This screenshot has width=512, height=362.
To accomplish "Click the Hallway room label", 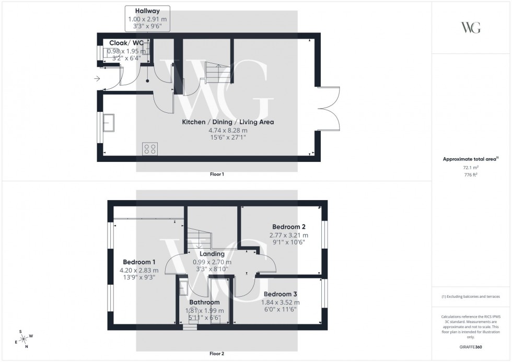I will tap(147, 10).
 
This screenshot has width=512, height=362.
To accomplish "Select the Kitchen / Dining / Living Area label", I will tap(228, 122).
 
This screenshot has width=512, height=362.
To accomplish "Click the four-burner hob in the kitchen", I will tap(150, 149).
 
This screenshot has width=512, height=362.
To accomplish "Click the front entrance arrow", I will tap(97, 79).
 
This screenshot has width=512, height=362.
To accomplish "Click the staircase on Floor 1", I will tap(214, 73).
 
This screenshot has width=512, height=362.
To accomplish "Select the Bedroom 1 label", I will tap(139, 262).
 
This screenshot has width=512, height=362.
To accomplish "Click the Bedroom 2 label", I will tap(288, 227).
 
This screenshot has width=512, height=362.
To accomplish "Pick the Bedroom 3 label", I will tap(281, 294).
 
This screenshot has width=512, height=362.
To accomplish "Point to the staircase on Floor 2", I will tap(199, 238).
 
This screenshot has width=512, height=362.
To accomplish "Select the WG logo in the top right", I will tap(471, 28).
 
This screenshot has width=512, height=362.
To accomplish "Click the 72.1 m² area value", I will tap(471, 167).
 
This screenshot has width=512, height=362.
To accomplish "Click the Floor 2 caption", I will tap(216, 354).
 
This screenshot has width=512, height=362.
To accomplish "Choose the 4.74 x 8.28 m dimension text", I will tap(228, 130).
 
